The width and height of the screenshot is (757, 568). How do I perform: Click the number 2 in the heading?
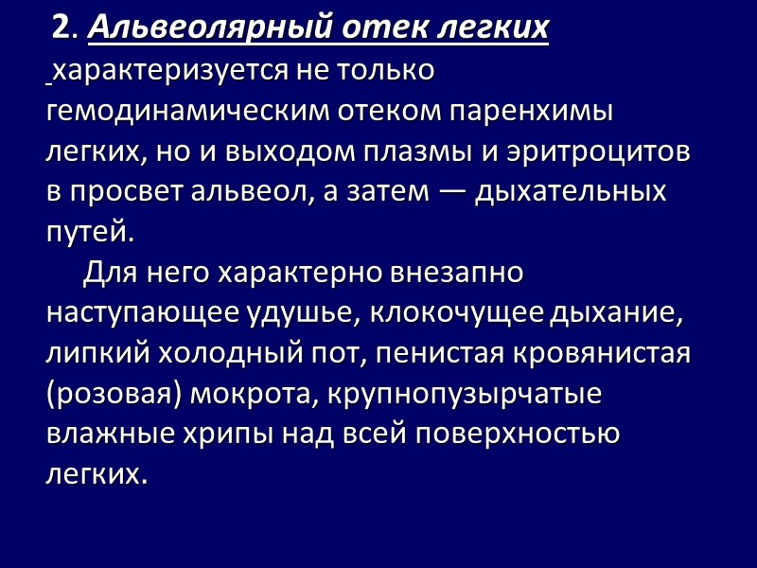pos(63,29)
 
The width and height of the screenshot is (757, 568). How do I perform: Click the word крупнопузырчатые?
pos(464,394)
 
